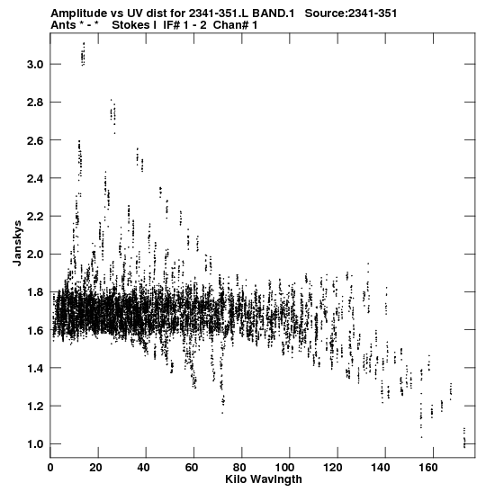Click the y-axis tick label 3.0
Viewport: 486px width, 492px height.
point(35,65)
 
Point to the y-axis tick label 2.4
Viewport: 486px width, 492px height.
point(35,178)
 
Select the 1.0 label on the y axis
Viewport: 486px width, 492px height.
point(35,444)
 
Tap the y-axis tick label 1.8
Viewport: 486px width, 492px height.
point(35,292)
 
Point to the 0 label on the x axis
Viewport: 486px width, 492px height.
point(50,468)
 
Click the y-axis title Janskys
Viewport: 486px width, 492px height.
point(17,243)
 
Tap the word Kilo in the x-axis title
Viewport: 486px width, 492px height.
point(237,479)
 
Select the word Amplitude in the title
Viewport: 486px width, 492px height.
point(78,13)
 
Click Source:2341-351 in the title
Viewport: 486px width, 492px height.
point(351,13)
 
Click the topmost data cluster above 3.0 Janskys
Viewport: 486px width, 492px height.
point(83,54)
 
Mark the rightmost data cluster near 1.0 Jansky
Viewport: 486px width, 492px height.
point(464,437)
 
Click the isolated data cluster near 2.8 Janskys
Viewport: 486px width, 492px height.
point(113,115)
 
